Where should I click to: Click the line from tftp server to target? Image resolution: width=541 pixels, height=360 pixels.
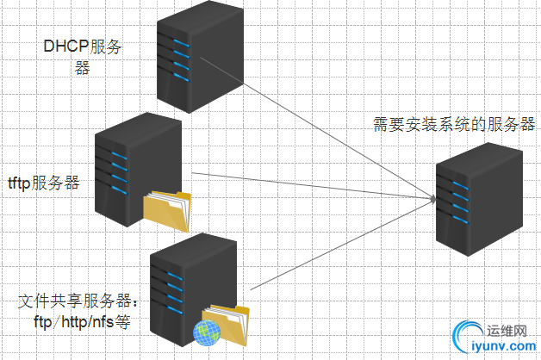point(310,183)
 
